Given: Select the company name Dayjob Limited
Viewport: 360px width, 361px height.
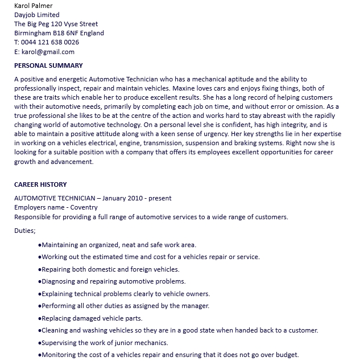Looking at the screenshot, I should coord(36,14).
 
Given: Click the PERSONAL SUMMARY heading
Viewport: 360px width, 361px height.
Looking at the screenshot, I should coord(48,65).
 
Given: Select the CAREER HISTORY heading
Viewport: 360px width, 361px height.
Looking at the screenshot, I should coord(40,184).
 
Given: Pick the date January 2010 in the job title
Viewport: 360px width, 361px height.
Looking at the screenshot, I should coord(123,198).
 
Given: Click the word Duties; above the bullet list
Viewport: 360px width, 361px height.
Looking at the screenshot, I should coord(25,231).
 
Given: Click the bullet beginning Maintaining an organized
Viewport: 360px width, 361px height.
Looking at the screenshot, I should coord(118,245).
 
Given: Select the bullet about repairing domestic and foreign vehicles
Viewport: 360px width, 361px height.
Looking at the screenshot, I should coord(110,269).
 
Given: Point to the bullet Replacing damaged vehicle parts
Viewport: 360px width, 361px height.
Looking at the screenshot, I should coord(92,318).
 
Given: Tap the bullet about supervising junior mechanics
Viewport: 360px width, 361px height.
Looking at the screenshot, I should coord(105,343).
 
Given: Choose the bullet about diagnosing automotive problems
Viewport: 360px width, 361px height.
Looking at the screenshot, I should coord(113,281).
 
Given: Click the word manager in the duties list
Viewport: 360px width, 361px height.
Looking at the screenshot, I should coord(195,306).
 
